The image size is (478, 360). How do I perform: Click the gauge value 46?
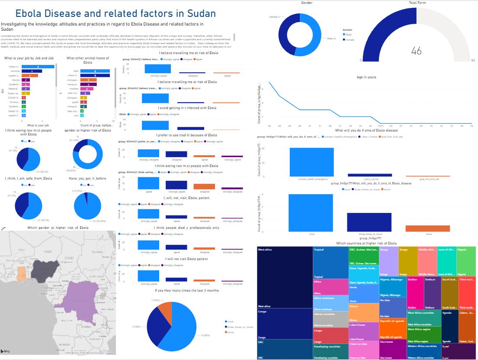(416, 51)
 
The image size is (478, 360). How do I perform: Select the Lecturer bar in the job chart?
(32, 71)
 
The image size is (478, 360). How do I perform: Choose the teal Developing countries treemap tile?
(330, 352)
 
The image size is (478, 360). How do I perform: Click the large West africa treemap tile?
(284, 277)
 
